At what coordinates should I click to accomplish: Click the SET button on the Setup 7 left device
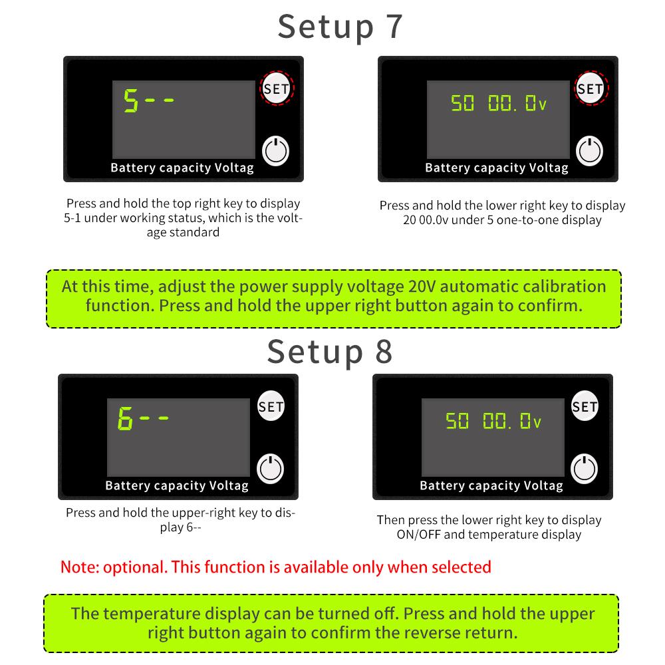pyautogui.click(x=277, y=88)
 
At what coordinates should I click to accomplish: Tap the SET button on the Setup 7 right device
pyautogui.click(x=591, y=88)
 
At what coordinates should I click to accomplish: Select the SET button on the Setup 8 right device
pyautogui.click(x=585, y=406)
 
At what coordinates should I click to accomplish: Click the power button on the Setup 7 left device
pyautogui.click(x=276, y=151)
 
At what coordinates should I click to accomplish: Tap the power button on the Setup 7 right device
pyautogui.click(x=589, y=151)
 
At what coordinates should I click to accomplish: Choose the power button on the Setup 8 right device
pyautogui.click(x=585, y=469)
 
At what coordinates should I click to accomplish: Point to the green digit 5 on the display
pyautogui.click(x=130, y=100)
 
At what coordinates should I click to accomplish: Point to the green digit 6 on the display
pyautogui.click(x=125, y=418)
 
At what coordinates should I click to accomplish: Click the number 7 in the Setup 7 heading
pyautogui.click(x=394, y=27)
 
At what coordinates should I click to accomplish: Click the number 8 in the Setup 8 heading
pyautogui.click(x=384, y=351)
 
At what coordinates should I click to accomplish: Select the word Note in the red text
pyautogui.click(x=80, y=567)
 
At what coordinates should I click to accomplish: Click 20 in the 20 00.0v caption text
pyautogui.click(x=409, y=220)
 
